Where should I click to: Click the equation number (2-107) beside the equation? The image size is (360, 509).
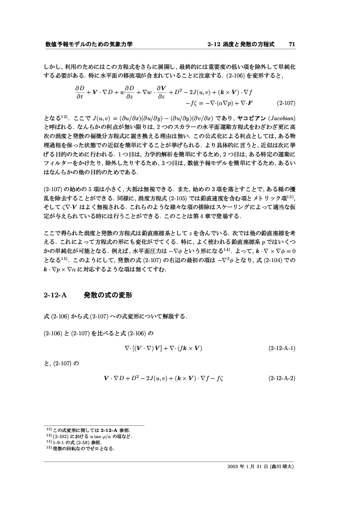(x=286, y=104)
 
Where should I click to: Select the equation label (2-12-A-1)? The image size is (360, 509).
(x=282, y=348)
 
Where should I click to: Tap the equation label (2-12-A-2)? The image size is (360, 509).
(x=282, y=378)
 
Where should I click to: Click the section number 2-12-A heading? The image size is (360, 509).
(x=55, y=295)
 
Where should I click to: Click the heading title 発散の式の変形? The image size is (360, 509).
(x=107, y=295)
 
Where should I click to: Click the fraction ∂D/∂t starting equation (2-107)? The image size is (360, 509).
(x=79, y=92)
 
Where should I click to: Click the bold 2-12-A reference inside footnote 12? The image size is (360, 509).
(x=103, y=430)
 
